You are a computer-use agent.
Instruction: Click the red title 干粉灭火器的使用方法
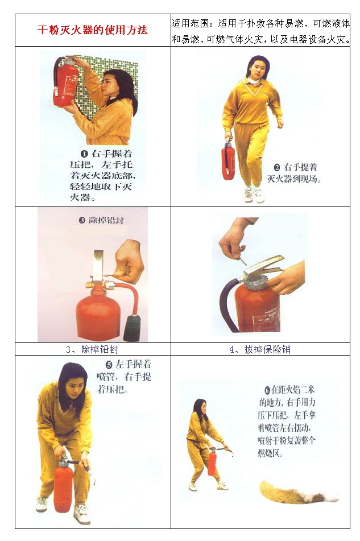click(x=92, y=30)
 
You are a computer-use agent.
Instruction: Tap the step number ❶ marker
click(x=85, y=154)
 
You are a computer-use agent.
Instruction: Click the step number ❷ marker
click(x=276, y=168)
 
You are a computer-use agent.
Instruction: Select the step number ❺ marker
click(x=109, y=364)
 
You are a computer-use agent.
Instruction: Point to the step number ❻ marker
click(x=267, y=390)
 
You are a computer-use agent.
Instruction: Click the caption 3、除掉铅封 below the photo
click(x=92, y=349)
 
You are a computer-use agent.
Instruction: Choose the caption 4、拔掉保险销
click(x=260, y=349)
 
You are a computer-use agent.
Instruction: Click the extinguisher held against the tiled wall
click(x=65, y=82)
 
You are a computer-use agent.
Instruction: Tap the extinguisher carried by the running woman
click(x=228, y=160)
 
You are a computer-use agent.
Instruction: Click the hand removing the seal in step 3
click(x=129, y=261)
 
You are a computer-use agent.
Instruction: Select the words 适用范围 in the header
click(x=191, y=23)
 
